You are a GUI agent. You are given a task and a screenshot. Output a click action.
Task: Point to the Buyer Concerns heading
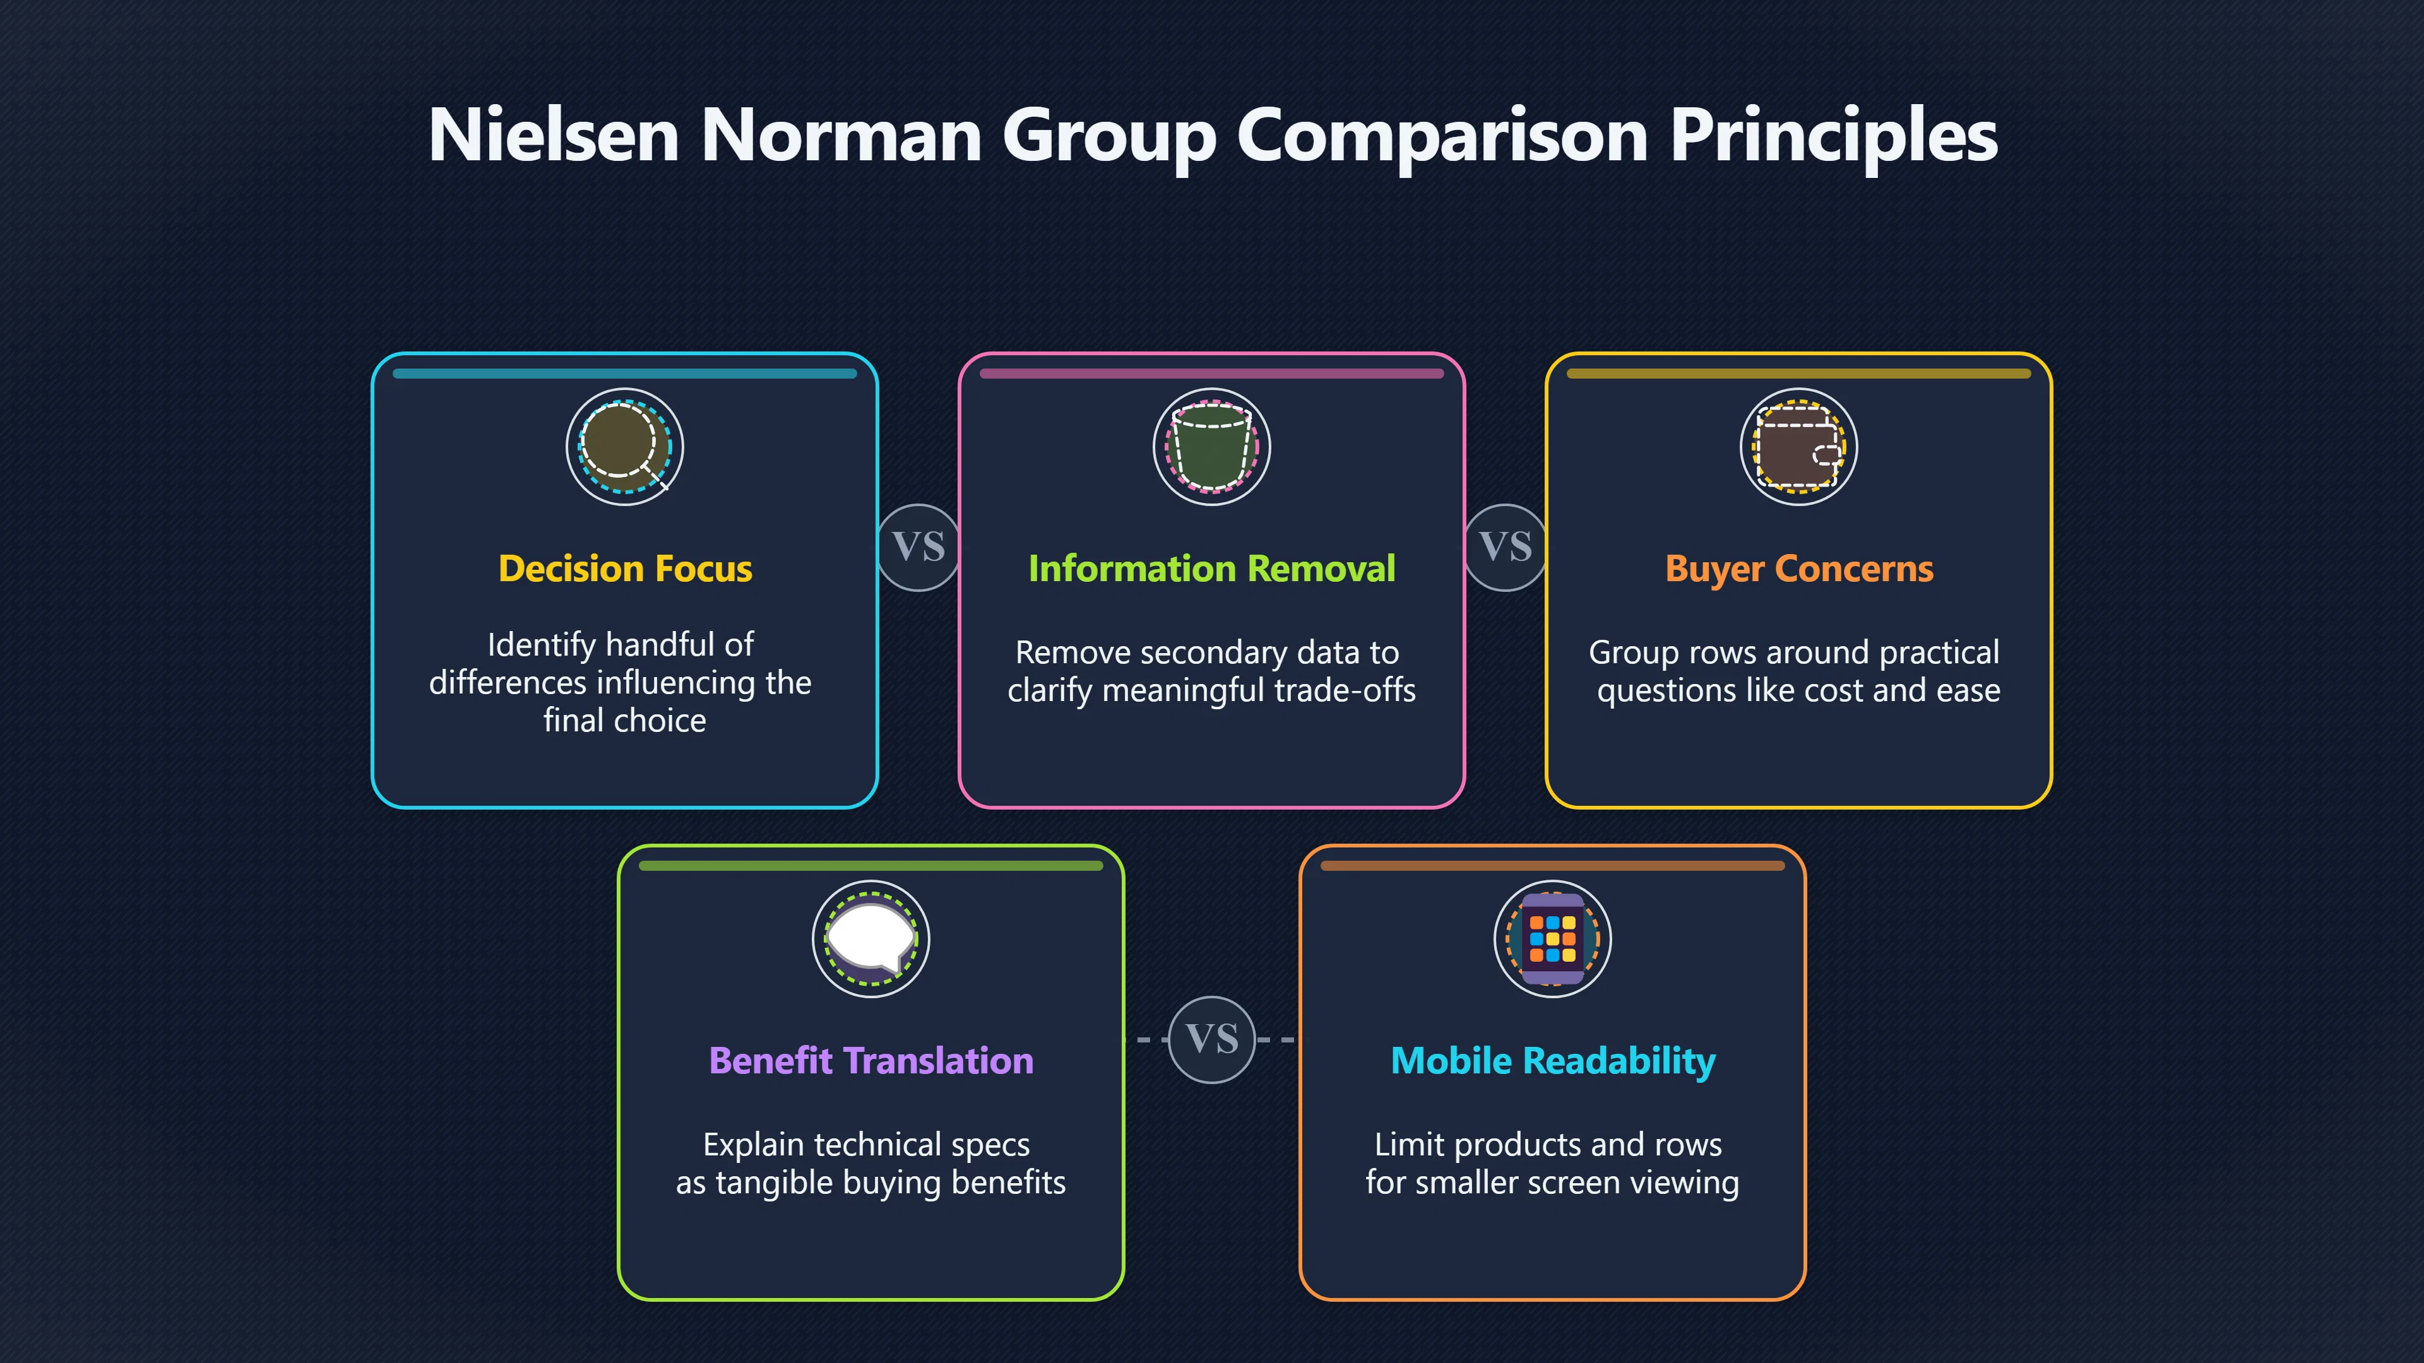(1798, 569)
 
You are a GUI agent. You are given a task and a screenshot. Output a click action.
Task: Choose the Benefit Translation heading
(870, 1061)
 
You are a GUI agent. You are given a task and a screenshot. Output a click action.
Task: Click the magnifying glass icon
(624, 447)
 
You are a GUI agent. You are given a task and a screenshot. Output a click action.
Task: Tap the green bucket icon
(1212, 447)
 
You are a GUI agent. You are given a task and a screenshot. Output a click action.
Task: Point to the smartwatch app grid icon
(1553, 939)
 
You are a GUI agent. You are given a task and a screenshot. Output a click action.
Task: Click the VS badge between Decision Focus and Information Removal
(918, 548)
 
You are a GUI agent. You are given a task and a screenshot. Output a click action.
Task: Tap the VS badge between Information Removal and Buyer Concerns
(1506, 548)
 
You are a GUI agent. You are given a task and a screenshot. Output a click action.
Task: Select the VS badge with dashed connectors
(1212, 1039)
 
